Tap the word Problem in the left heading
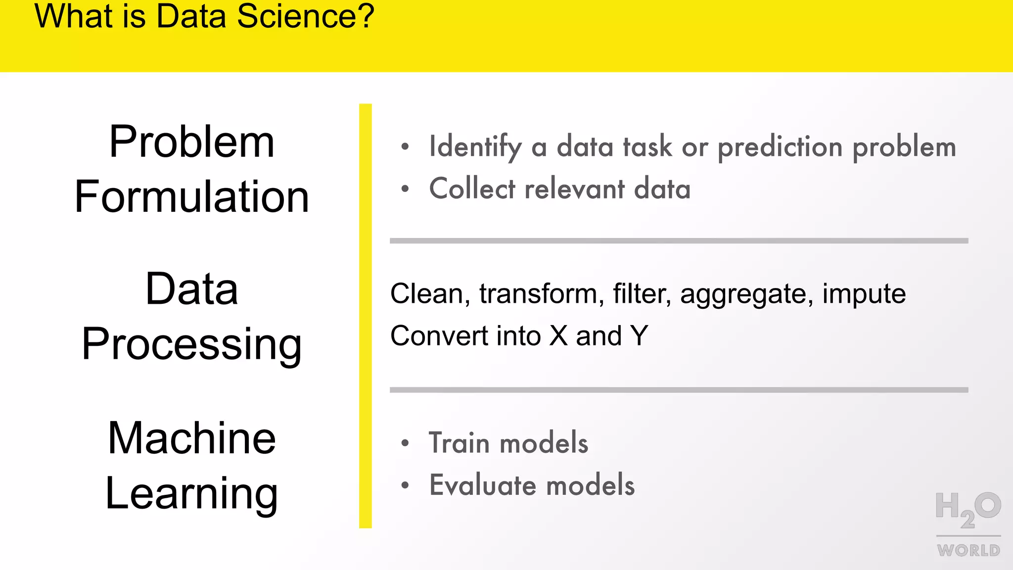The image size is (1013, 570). click(192, 142)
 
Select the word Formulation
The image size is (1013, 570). click(192, 197)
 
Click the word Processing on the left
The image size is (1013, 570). click(192, 344)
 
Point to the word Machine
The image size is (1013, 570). click(192, 438)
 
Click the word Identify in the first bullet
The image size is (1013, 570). click(475, 147)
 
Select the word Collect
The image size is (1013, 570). click(472, 189)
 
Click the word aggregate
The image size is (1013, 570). click(746, 294)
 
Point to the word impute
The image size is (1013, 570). click(864, 293)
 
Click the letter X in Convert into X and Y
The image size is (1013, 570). click(558, 336)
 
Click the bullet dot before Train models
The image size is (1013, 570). click(405, 443)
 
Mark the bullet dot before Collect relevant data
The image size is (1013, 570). click(405, 189)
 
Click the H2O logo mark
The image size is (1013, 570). click(967, 509)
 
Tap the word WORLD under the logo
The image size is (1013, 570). click(968, 550)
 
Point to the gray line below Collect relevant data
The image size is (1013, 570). click(679, 241)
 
